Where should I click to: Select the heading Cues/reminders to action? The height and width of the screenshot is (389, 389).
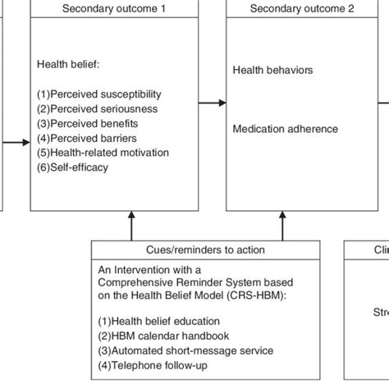(x=189, y=249)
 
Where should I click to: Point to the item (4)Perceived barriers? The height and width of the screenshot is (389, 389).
(x=93, y=138)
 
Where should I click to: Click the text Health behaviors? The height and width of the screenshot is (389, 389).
(x=272, y=71)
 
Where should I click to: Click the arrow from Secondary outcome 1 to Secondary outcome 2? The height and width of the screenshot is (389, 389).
(x=212, y=103)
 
